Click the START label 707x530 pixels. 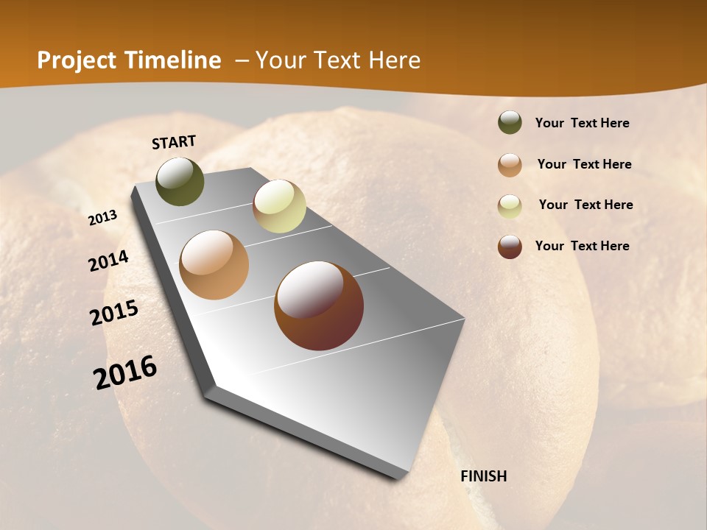tap(174, 142)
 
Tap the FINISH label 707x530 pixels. tap(484, 476)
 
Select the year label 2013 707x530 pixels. tap(103, 218)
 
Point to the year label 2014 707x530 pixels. tap(109, 261)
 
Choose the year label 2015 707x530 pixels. tap(114, 313)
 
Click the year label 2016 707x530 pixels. tap(125, 372)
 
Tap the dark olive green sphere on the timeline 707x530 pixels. tap(180, 181)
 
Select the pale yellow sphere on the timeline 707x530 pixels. tap(279, 206)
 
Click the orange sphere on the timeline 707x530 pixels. tap(214, 265)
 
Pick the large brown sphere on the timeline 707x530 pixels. tap(319, 305)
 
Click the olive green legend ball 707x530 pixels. tap(510, 122)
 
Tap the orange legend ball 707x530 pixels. tap(510, 165)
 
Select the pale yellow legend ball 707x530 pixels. tap(510, 206)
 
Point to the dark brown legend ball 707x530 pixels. tap(510, 247)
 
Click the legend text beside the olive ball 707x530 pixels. tap(582, 123)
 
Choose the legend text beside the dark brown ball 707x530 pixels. tap(582, 246)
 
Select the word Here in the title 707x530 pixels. tap(394, 60)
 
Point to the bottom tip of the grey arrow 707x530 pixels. tap(398, 477)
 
